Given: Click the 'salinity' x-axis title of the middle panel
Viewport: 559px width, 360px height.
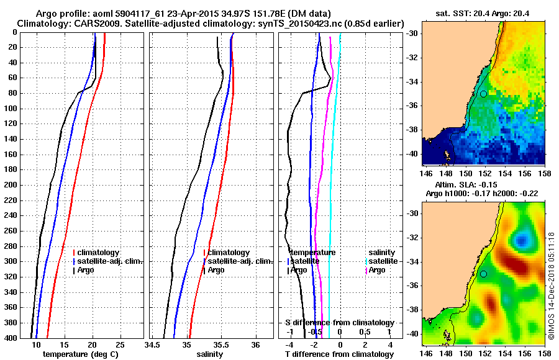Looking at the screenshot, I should click(209, 354).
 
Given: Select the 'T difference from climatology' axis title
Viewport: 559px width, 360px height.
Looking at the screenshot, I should click(339, 354).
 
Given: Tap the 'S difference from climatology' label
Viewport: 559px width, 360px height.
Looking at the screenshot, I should click(339, 323).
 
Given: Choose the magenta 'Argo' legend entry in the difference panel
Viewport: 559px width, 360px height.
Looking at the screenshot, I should click(376, 270).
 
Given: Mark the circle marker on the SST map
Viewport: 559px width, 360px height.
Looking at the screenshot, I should click(483, 94).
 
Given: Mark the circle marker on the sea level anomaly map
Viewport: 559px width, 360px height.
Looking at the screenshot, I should click(483, 274).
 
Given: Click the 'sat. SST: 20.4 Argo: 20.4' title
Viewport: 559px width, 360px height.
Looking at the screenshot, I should click(483, 14).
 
